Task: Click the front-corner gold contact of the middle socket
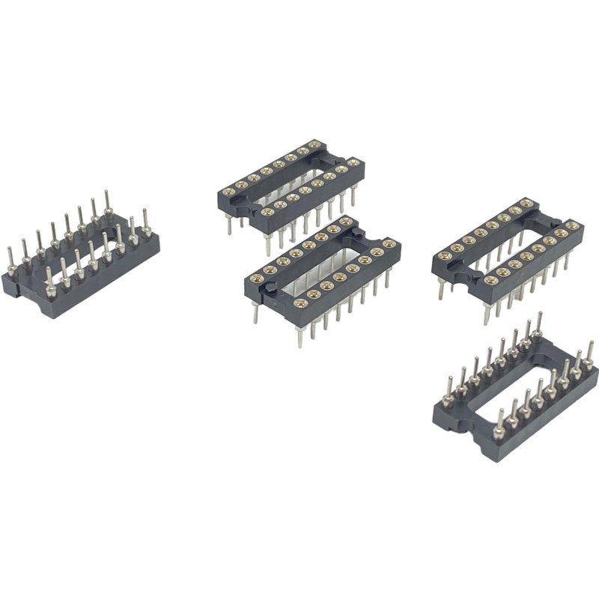click(299, 302)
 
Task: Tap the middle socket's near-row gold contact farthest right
click(388, 245)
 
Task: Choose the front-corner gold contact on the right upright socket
click(489, 281)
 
